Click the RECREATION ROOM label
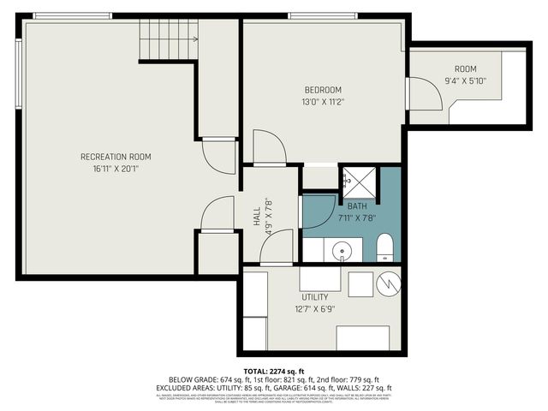[116, 156]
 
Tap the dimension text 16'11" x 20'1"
[116, 169]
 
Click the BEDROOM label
[323, 90]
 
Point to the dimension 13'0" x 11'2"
[323, 102]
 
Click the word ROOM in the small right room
[466, 69]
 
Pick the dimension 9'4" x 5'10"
[466, 81]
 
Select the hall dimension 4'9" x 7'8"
[268, 216]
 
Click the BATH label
[357, 205]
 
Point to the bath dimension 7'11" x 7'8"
[357, 217]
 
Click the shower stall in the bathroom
[360, 180]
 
